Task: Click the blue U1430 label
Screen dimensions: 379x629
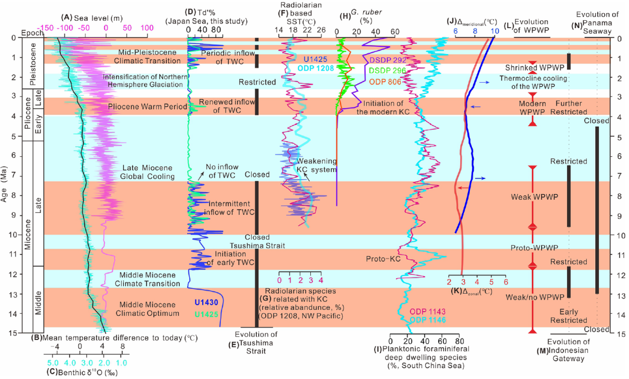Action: pyautogui.click(x=209, y=302)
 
